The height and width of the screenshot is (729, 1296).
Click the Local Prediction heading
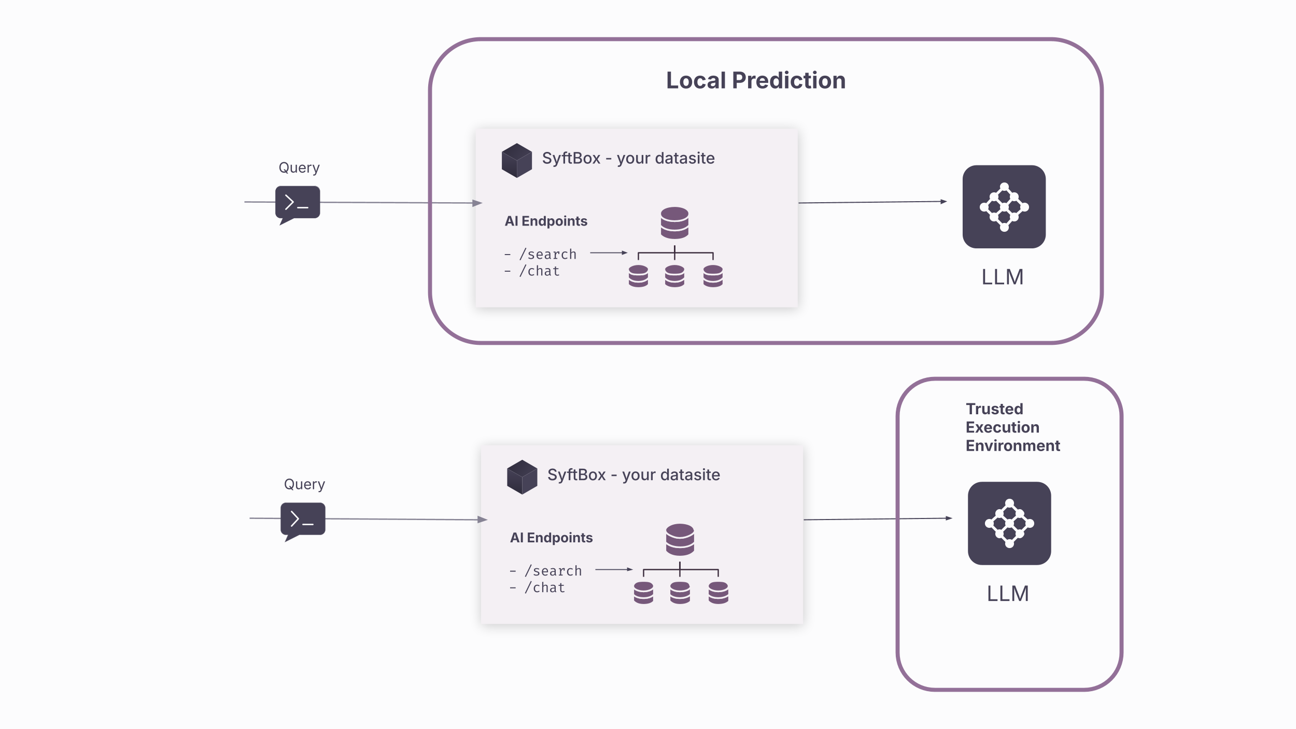coord(755,81)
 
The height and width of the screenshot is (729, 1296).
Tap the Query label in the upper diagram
coord(299,168)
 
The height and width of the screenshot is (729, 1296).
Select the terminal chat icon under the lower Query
coord(303,520)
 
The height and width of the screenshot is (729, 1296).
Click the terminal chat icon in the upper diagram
coord(298,203)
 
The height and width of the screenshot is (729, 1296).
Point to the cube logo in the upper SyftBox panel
coord(516,161)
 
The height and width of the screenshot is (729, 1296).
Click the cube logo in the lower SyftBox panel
coord(522,477)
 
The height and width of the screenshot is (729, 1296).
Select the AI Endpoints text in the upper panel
coord(546,221)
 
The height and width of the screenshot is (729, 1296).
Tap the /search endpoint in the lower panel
coord(553,571)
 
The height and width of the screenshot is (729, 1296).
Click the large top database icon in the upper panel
coord(674,223)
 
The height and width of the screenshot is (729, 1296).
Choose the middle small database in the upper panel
coord(674,276)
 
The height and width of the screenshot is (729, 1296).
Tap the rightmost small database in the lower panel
coord(718,593)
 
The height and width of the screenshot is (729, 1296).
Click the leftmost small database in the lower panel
coord(643,593)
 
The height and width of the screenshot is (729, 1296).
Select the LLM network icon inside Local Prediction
coord(1004,207)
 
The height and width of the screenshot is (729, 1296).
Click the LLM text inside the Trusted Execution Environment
coord(1007,594)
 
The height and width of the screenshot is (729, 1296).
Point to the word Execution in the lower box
coord(1002,427)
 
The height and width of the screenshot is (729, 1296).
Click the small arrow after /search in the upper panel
coord(609,253)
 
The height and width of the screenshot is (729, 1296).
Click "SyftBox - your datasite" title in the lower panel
coord(633,475)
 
